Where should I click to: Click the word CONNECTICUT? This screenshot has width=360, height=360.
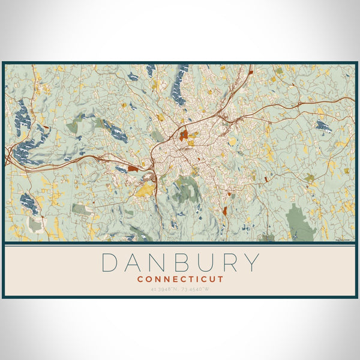click(180, 279)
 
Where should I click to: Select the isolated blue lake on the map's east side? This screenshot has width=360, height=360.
click(323, 126)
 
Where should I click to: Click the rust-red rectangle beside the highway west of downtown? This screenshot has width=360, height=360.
click(133, 169)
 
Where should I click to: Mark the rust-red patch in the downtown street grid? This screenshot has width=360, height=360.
click(184, 135)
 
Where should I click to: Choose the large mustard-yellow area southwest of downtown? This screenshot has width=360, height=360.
click(145, 190)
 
